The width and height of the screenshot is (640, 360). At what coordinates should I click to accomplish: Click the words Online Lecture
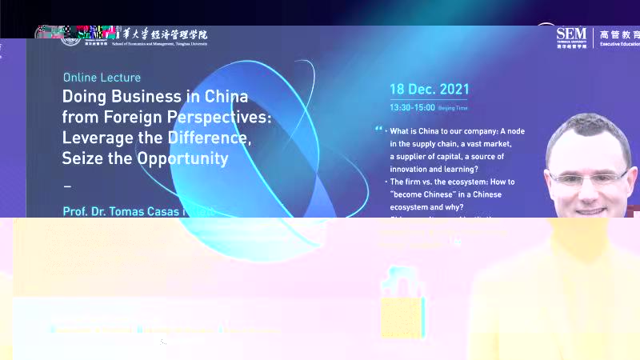pyautogui.click(x=102, y=78)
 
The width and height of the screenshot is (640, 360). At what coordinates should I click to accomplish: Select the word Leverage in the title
pyautogui.click(x=95, y=138)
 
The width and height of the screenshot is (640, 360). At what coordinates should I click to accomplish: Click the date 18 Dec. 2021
pyautogui.click(x=429, y=90)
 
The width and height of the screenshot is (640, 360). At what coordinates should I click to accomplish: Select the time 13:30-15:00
pyautogui.click(x=412, y=107)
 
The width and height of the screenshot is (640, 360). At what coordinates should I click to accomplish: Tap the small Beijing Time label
pyautogui.click(x=453, y=108)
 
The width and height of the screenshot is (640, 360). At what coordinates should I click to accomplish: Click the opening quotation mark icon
pyautogui.click(x=378, y=128)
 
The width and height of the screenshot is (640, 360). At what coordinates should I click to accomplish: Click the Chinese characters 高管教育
pyautogui.click(x=620, y=34)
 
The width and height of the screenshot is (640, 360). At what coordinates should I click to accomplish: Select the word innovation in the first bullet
pyautogui.click(x=416, y=169)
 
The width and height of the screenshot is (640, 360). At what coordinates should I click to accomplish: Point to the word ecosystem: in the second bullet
pyautogui.click(x=469, y=182)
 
